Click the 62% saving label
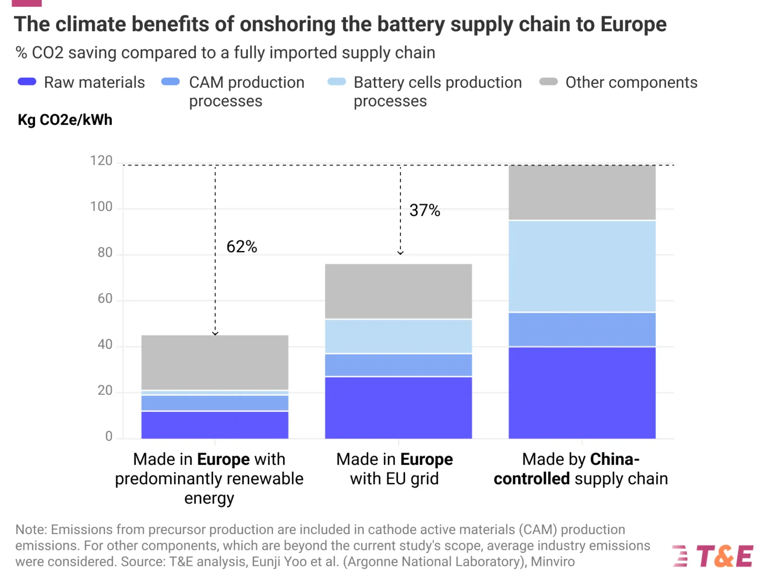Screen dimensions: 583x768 tap(241, 247)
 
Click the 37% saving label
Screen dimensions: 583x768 tap(424, 210)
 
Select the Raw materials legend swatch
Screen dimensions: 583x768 tap(27, 82)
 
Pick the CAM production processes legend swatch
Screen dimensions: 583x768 tap(170, 82)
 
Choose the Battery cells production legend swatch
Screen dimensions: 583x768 tap(336, 82)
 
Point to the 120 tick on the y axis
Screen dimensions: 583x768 tap(101, 161)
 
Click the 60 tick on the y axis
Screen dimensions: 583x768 tap(105, 298)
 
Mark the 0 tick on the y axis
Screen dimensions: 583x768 tap(109, 436)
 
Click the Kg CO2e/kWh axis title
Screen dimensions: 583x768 tap(65, 119)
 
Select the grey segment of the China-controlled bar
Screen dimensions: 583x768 tap(582, 192)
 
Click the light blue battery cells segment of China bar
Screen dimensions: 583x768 tap(582, 266)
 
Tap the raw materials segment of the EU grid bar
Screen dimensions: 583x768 tap(398, 407)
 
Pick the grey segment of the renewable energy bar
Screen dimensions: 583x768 tap(215, 362)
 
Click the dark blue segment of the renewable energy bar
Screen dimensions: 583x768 tap(215, 425)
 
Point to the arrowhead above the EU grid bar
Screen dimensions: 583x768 tap(400, 252)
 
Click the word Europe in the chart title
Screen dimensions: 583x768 tap(633, 24)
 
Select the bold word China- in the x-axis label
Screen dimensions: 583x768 tap(614, 459)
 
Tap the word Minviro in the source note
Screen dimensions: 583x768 tap(552, 561)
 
